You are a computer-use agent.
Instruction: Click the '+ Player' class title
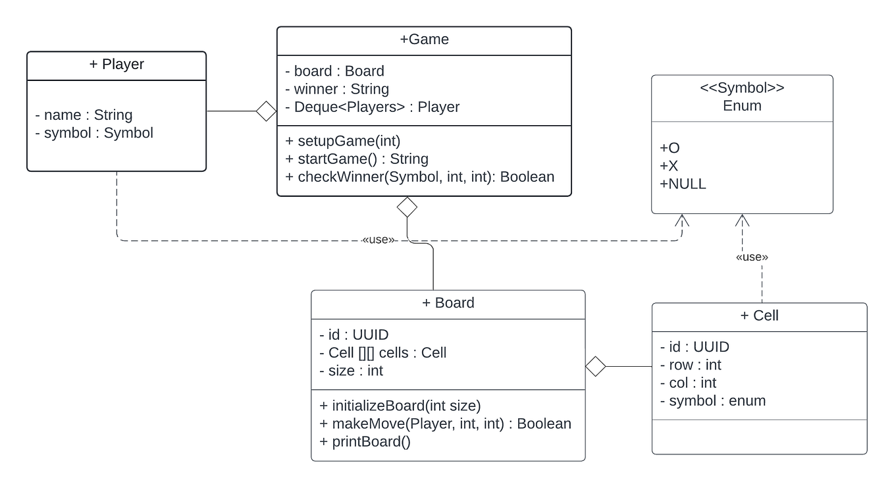pos(117,65)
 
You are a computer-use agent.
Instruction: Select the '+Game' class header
pos(424,40)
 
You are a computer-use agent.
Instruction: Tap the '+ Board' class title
pos(448,303)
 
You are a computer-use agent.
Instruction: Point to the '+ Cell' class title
pos(759,315)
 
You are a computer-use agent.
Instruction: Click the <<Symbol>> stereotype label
pos(742,88)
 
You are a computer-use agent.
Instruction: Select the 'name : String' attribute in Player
pos(84,115)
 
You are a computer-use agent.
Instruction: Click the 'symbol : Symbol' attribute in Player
pos(94,133)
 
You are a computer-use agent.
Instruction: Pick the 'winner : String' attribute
pos(336,89)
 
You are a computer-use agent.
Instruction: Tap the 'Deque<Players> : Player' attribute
pos(372,107)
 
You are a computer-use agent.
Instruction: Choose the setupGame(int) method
pos(342,141)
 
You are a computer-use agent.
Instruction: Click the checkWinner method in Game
pos(419,176)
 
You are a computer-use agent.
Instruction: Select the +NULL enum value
pos(683,184)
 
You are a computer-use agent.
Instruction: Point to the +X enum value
pos(669,167)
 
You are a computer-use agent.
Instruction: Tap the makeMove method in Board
pos(445,423)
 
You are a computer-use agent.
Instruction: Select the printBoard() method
pos(365,441)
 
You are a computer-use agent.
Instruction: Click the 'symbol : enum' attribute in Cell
pos(712,400)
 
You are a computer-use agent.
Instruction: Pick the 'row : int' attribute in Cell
pos(691,365)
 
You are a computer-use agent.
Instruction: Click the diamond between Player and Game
pos(266,111)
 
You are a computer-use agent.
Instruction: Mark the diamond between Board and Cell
pos(595,367)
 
